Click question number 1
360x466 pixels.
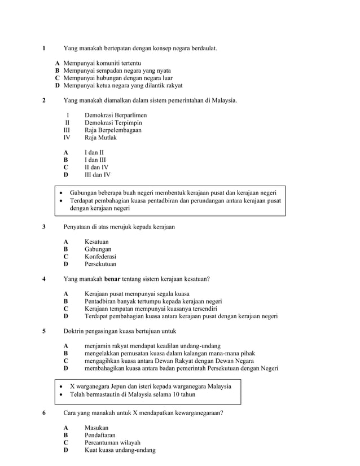[x=44, y=49]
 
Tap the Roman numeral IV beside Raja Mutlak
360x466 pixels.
[x=67, y=137]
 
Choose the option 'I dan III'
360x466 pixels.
[x=95, y=160]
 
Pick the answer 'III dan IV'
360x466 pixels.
[x=97, y=174]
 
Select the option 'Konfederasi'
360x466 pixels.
[x=100, y=256]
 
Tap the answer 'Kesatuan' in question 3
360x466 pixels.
[x=96, y=241]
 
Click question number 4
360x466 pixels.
[x=44, y=279]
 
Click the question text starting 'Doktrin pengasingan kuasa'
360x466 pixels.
[x=120, y=331]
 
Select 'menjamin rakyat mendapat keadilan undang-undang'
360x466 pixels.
[x=152, y=346]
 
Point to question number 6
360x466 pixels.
[x=44, y=413]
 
